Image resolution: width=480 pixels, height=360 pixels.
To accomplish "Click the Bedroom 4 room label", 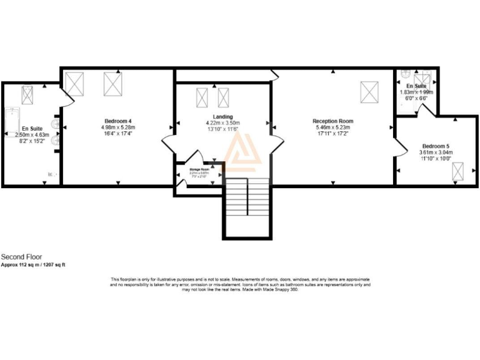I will [x=118, y=121].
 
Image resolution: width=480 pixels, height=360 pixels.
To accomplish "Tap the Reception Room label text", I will [x=333, y=121].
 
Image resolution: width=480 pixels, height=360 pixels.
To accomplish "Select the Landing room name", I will [x=222, y=117].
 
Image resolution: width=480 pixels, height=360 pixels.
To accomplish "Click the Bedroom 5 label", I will [x=435, y=146].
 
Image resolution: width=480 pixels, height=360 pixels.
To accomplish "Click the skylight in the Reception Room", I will [x=368, y=92].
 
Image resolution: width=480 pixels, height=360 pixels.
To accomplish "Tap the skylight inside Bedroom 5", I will [x=457, y=171].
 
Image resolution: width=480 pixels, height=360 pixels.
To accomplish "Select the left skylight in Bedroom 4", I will [x=74, y=82].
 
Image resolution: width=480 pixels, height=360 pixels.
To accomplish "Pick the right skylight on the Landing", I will [x=224, y=98].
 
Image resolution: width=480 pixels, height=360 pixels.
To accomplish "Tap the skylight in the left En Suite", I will [x=27, y=94].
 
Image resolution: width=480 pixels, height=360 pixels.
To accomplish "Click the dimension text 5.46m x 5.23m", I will [x=333, y=127].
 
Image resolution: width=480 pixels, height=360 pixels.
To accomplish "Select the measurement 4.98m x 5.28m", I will [x=118, y=127].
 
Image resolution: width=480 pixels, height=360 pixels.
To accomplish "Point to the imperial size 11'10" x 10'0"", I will [x=435, y=159].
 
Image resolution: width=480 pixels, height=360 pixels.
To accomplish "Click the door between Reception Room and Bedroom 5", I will [x=398, y=146].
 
